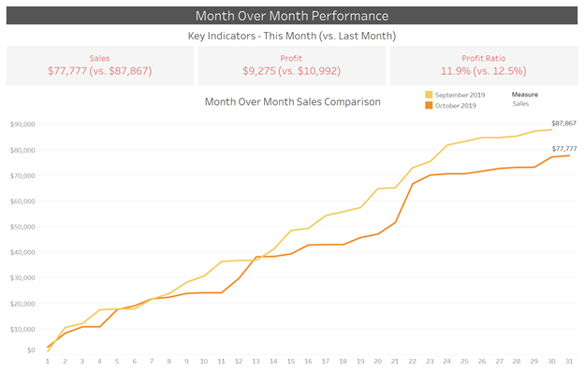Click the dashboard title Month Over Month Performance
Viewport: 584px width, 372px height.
(x=291, y=16)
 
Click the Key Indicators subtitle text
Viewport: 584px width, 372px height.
(x=291, y=36)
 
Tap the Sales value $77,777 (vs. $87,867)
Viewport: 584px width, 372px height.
(x=99, y=70)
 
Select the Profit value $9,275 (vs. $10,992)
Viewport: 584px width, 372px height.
(x=292, y=70)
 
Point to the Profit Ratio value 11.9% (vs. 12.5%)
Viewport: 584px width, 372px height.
(x=483, y=70)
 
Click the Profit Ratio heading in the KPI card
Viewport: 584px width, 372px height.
(x=483, y=57)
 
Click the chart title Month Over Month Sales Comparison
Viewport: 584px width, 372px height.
(x=292, y=101)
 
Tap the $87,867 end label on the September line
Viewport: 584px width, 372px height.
(x=563, y=122)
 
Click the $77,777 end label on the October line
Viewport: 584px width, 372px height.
(x=563, y=148)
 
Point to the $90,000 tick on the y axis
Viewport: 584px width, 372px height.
(x=22, y=124)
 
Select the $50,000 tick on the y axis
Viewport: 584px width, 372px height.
(x=22, y=227)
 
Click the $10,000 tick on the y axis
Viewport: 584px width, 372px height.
(x=22, y=329)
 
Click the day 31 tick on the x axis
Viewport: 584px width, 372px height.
(x=569, y=362)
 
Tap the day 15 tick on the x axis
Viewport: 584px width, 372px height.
(x=291, y=362)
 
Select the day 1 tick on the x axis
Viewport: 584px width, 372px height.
(x=48, y=362)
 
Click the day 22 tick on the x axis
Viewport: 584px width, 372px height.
(x=413, y=362)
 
